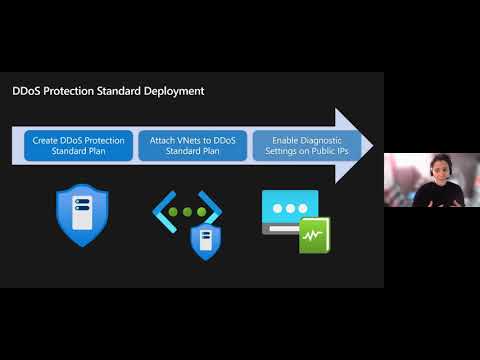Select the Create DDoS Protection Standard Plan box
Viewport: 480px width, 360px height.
[x=78, y=147]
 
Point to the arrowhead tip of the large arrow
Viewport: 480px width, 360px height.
[x=372, y=146]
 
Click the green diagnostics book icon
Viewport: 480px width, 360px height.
[x=314, y=234]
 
